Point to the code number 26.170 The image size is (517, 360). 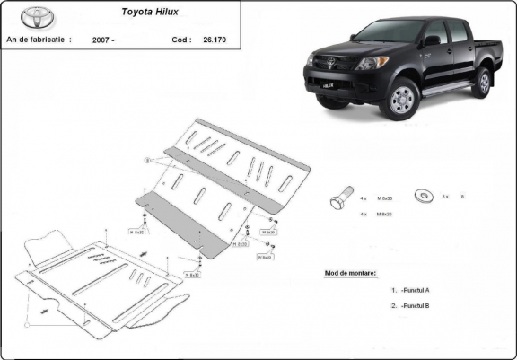215,40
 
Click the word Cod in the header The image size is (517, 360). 180,40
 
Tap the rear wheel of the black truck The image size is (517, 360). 482,82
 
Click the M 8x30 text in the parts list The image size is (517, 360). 385,197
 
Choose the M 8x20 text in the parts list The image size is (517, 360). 385,215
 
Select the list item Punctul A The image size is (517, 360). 416,290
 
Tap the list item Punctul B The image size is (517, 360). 416,306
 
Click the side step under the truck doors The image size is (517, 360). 448,87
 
